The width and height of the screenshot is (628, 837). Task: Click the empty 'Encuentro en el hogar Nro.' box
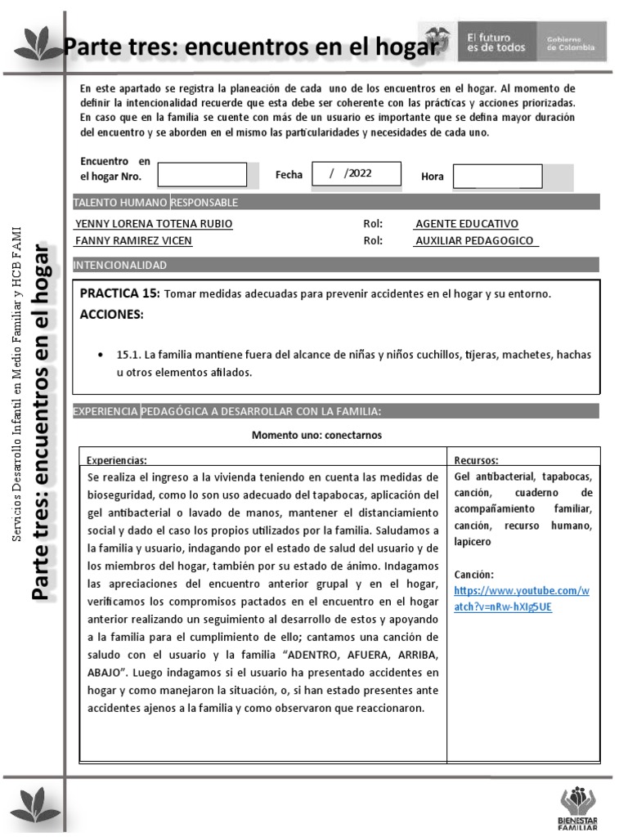click(202, 175)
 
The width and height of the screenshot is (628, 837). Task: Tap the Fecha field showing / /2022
click(357, 173)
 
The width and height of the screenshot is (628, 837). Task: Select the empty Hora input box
click(497, 176)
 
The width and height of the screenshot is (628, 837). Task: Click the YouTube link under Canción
click(521, 598)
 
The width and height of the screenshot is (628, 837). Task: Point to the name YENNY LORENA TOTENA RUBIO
click(154, 224)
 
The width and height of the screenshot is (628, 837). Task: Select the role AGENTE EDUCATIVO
click(466, 224)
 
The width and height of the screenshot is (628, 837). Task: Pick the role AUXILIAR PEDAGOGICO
click(474, 240)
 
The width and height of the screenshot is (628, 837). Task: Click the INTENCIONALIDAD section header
click(120, 265)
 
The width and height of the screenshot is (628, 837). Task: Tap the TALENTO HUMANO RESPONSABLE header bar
click(156, 202)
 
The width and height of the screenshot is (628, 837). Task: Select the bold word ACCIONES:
click(111, 315)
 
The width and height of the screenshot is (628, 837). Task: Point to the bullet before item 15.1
click(99, 356)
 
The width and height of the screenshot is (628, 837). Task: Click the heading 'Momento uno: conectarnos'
click(316, 435)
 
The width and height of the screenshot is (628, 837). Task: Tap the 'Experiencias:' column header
click(117, 460)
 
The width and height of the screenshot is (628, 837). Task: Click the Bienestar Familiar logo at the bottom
click(578, 809)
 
